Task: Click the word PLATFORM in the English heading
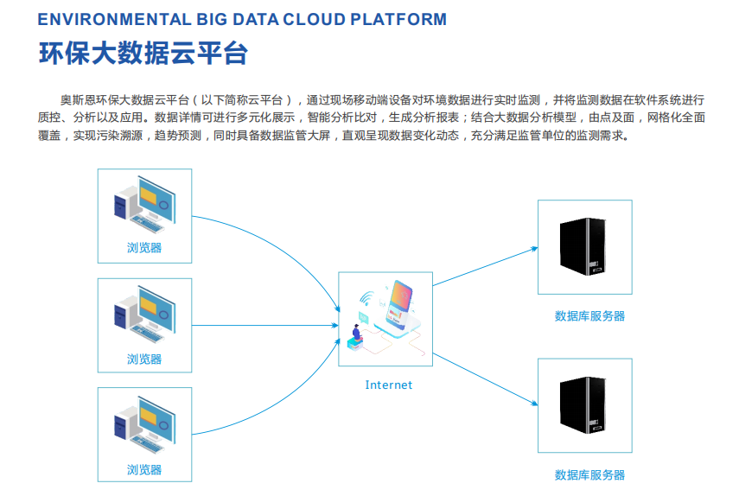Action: click(398, 19)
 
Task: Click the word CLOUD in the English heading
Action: click(315, 19)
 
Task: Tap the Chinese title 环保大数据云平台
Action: click(143, 53)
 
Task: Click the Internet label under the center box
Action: click(389, 385)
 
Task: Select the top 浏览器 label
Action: click(144, 248)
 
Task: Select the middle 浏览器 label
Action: click(144, 359)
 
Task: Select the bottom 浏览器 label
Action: click(144, 469)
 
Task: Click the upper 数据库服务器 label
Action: click(589, 316)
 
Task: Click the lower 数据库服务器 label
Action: click(589, 474)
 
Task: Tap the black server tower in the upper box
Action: click(583, 246)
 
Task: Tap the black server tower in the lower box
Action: click(583, 405)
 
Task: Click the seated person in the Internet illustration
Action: click(357, 333)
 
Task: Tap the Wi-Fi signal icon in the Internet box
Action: click(366, 298)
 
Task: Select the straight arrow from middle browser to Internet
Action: click(265, 326)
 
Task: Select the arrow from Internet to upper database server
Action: click(486, 266)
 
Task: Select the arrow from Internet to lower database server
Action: click(486, 378)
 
